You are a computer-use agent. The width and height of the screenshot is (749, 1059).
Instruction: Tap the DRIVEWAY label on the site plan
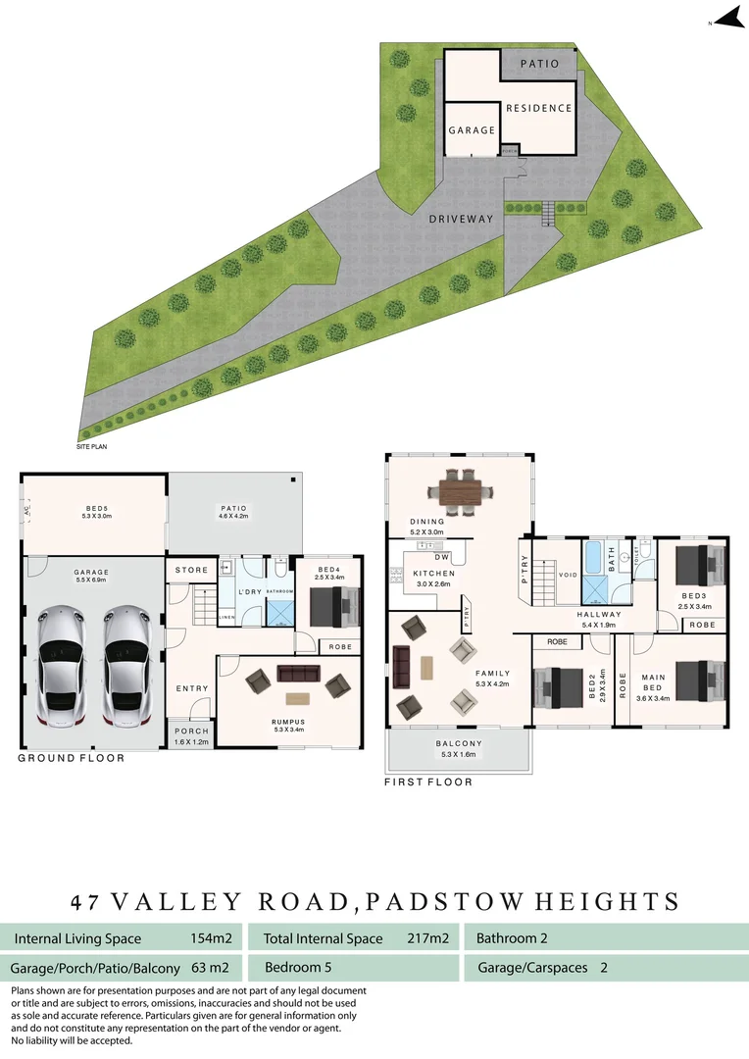(x=461, y=219)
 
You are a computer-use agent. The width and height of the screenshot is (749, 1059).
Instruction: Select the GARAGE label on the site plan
(x=471, y=129)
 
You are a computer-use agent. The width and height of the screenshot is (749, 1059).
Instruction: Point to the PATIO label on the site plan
(x=538, y=64)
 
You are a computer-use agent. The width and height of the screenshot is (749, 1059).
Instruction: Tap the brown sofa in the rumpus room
(x=299, y=673)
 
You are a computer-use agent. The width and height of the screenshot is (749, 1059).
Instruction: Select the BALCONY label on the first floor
(x=459, y=744)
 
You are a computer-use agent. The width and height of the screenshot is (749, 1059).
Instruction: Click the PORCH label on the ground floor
(x=191, y=731)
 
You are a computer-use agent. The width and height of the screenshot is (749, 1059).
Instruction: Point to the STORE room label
(x=191, y=570)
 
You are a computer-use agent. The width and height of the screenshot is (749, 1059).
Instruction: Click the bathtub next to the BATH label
(x=596, y=558)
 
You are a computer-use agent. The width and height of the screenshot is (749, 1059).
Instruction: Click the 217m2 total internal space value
(x=427, y=938)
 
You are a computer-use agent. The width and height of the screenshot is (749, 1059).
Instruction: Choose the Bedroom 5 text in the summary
(x=298, y=968)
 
